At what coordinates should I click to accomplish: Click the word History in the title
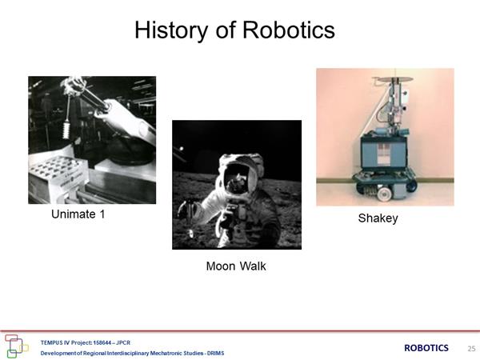171,30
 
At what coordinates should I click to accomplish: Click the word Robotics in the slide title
289,30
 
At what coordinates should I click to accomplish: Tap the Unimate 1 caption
78,214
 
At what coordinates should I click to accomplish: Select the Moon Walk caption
236,266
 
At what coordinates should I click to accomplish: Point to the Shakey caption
378,218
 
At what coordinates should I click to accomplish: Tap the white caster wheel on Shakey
383,194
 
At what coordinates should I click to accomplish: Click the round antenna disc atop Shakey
393,79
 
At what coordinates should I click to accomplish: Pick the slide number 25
471,348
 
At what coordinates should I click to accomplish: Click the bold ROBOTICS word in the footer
426,348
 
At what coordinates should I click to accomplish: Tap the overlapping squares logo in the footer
16,346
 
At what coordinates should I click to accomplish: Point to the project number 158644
102,342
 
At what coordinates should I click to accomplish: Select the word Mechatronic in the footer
166,354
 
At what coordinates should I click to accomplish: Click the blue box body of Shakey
384,152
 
